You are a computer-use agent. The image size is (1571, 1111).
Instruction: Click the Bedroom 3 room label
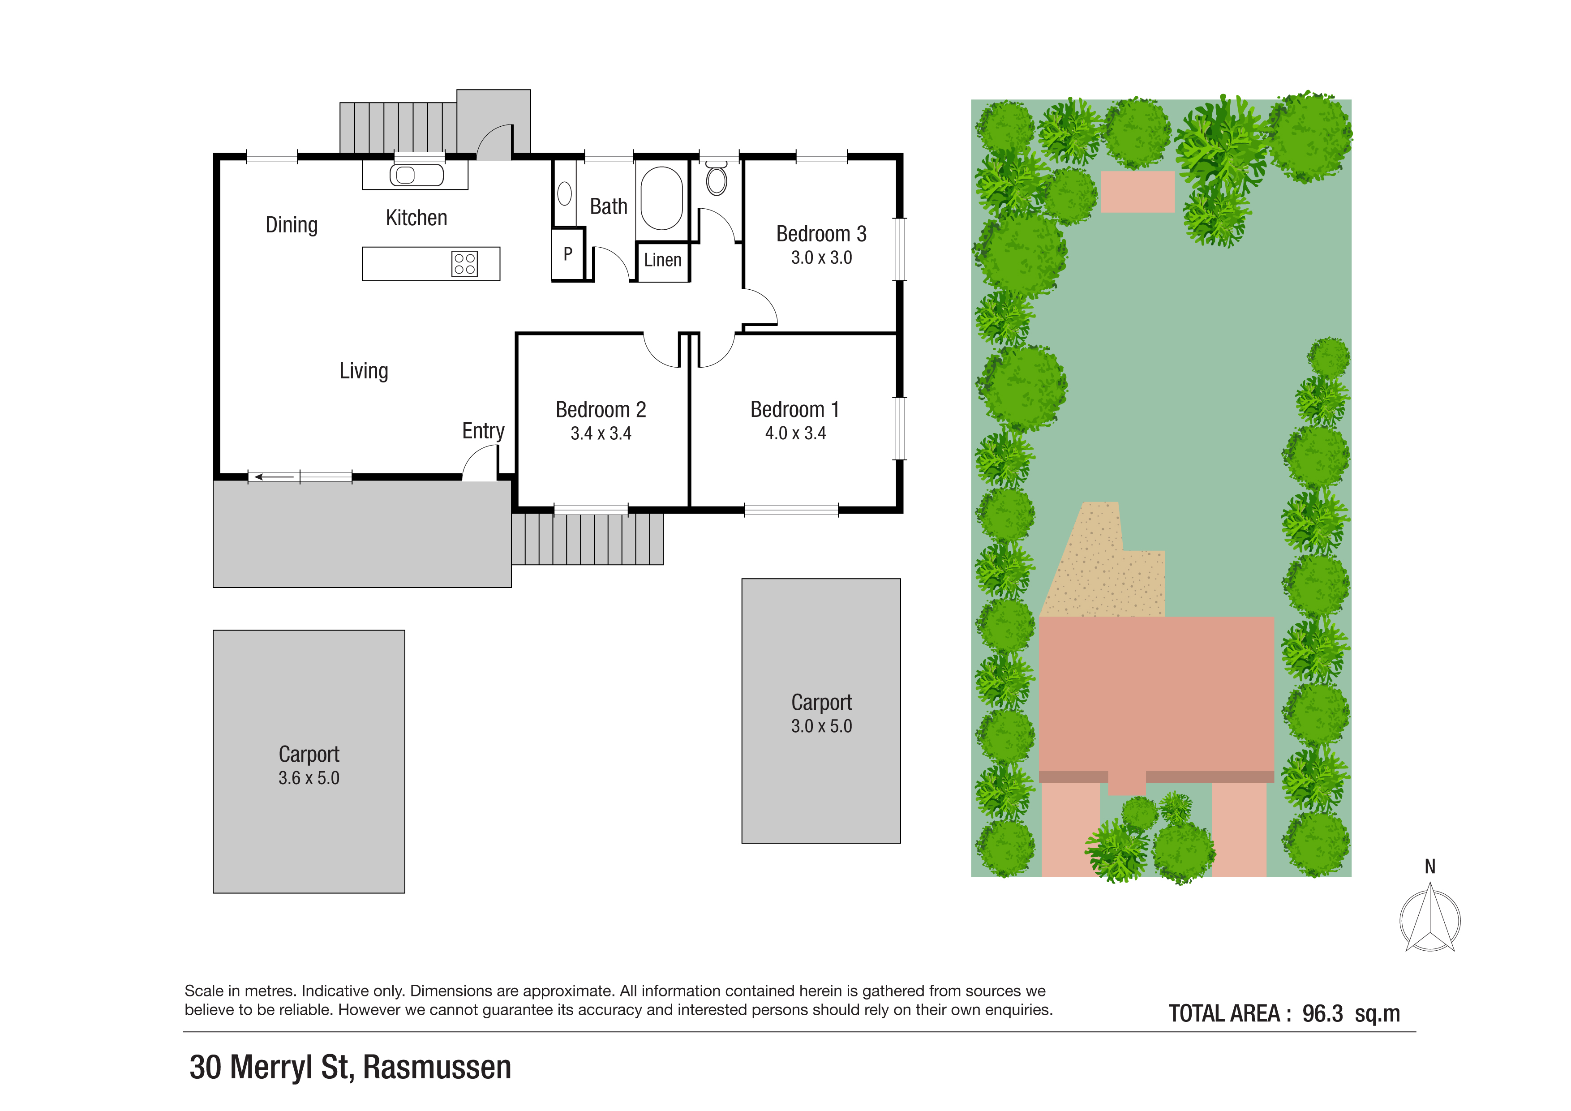tap(821, 234)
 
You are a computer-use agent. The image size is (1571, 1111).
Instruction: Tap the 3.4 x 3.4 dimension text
tap(601, 433)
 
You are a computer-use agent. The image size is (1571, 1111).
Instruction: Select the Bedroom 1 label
tap(794, 409)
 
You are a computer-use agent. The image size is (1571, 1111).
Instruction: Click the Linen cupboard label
tap(662, 260)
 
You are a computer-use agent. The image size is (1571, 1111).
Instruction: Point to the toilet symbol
tap(717, 179)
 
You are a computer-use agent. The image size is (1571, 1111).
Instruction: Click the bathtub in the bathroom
tap(661, 198)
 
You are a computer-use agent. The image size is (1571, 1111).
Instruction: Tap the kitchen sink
tap(416, 175)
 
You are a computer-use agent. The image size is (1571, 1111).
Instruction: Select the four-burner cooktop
tap(464, 263)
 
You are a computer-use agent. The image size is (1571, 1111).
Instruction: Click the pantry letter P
tap(568, 254)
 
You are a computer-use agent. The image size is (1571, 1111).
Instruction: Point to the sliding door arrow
tap(275, 477)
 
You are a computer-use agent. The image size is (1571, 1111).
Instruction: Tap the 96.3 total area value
tap(1322, 1013)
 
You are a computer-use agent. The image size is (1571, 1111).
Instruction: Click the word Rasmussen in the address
tap(437, 1067)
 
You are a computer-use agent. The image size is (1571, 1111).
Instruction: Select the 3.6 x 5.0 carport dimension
tap(309, 778)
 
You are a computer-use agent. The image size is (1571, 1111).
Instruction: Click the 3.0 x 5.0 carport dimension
tap(821, 726)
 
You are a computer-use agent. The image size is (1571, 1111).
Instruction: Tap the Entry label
tap(483, 431)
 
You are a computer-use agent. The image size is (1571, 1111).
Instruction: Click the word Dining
tap(292, 225)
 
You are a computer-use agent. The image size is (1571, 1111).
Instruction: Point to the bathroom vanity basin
tap(564, 193)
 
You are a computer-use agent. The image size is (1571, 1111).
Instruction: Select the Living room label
tap(364, 371)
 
